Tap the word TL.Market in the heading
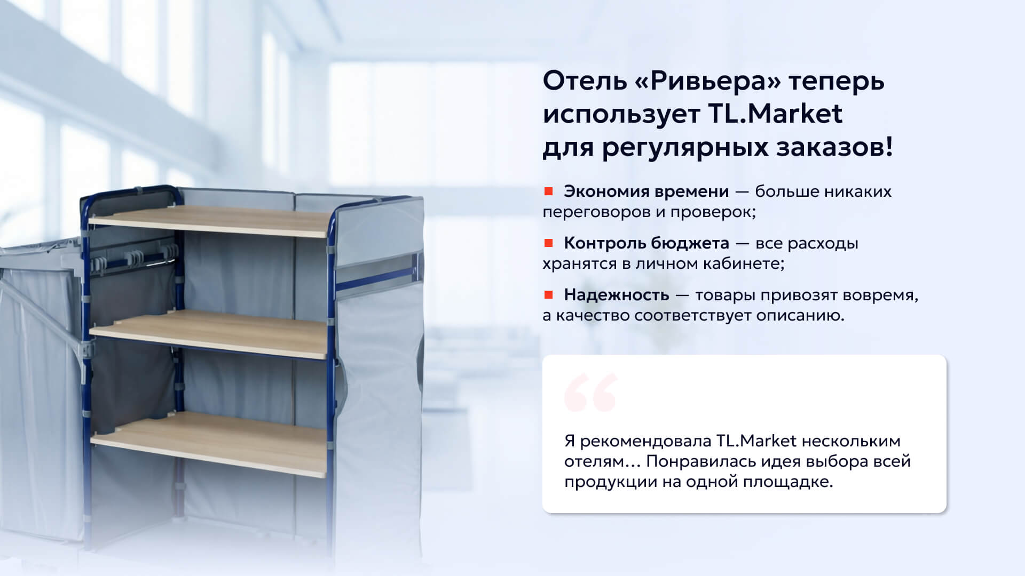tap(775, 114)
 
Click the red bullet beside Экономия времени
tap(548, 191)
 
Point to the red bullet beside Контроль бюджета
tap(548, 243)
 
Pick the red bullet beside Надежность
tap(548, 294)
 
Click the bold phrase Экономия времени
tap(646, 191)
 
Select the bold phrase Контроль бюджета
tap(646, 243)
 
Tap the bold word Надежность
tap(617, 295)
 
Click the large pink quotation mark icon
tap(590, 393)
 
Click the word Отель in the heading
tap(585, 82)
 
